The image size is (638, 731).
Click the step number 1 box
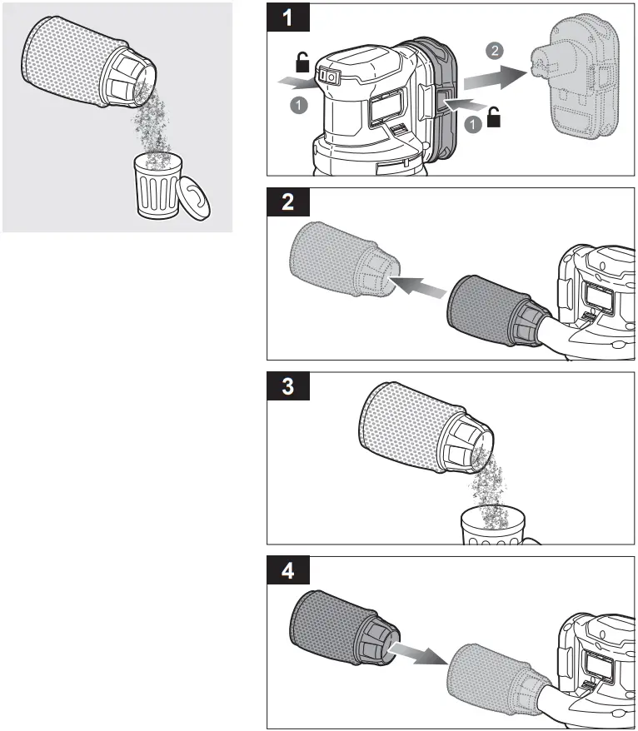287,18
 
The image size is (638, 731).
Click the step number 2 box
287,203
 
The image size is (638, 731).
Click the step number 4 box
287,572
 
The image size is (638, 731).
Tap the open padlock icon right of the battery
494,118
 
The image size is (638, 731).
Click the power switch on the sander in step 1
330,77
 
